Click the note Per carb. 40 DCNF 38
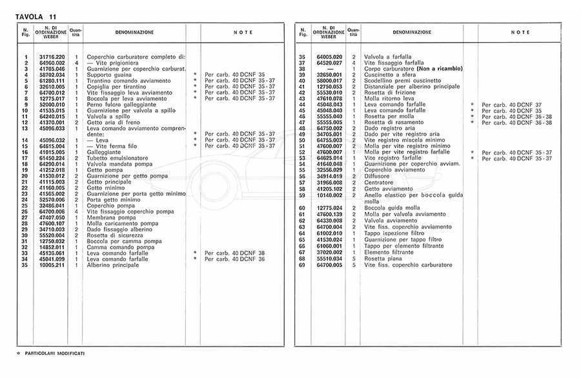coord(230,253)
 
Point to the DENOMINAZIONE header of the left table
coord(134,32)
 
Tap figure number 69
coord(301,264)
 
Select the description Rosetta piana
coord(383,259)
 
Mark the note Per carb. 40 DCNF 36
coord(230,259)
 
